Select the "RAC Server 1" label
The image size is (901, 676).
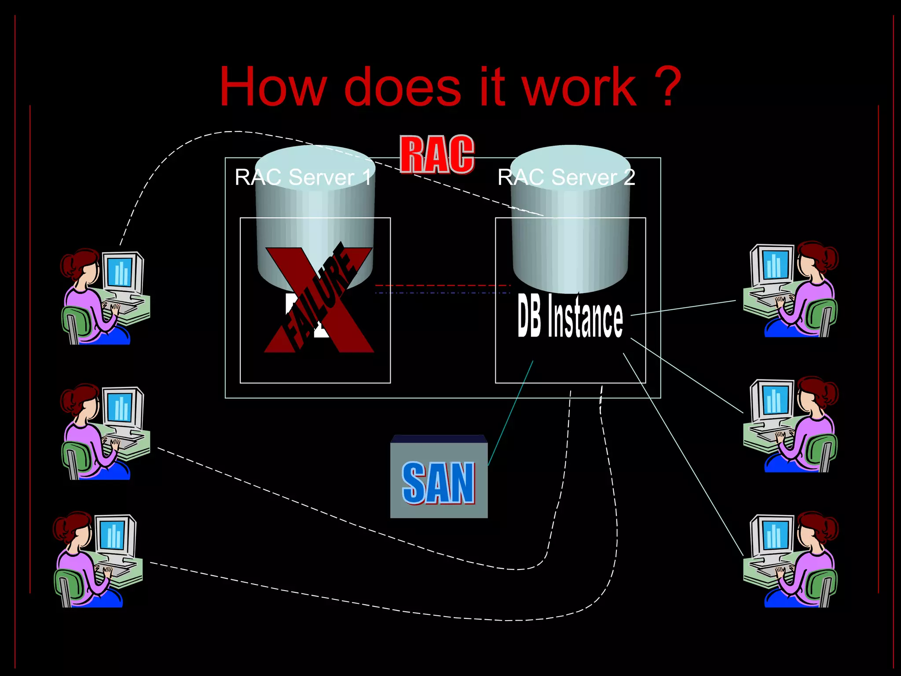tap(303, 177)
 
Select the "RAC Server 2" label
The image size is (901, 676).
tap(566, 177)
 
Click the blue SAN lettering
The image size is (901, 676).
tap(439, 483)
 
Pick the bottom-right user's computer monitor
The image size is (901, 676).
tap(773, 535)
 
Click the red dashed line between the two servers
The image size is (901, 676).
tap(442, 286)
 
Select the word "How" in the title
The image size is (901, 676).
tap(273, 87)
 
